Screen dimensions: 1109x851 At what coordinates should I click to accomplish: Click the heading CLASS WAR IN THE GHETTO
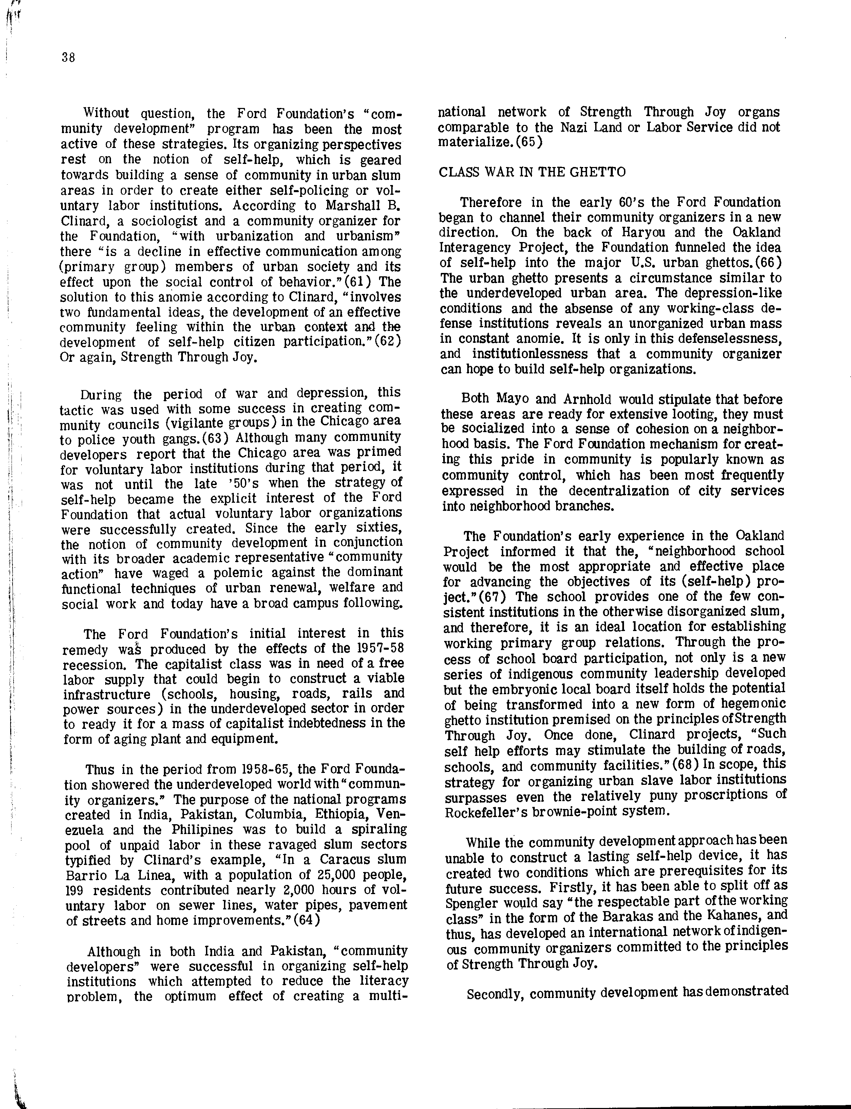click(532, 172)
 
